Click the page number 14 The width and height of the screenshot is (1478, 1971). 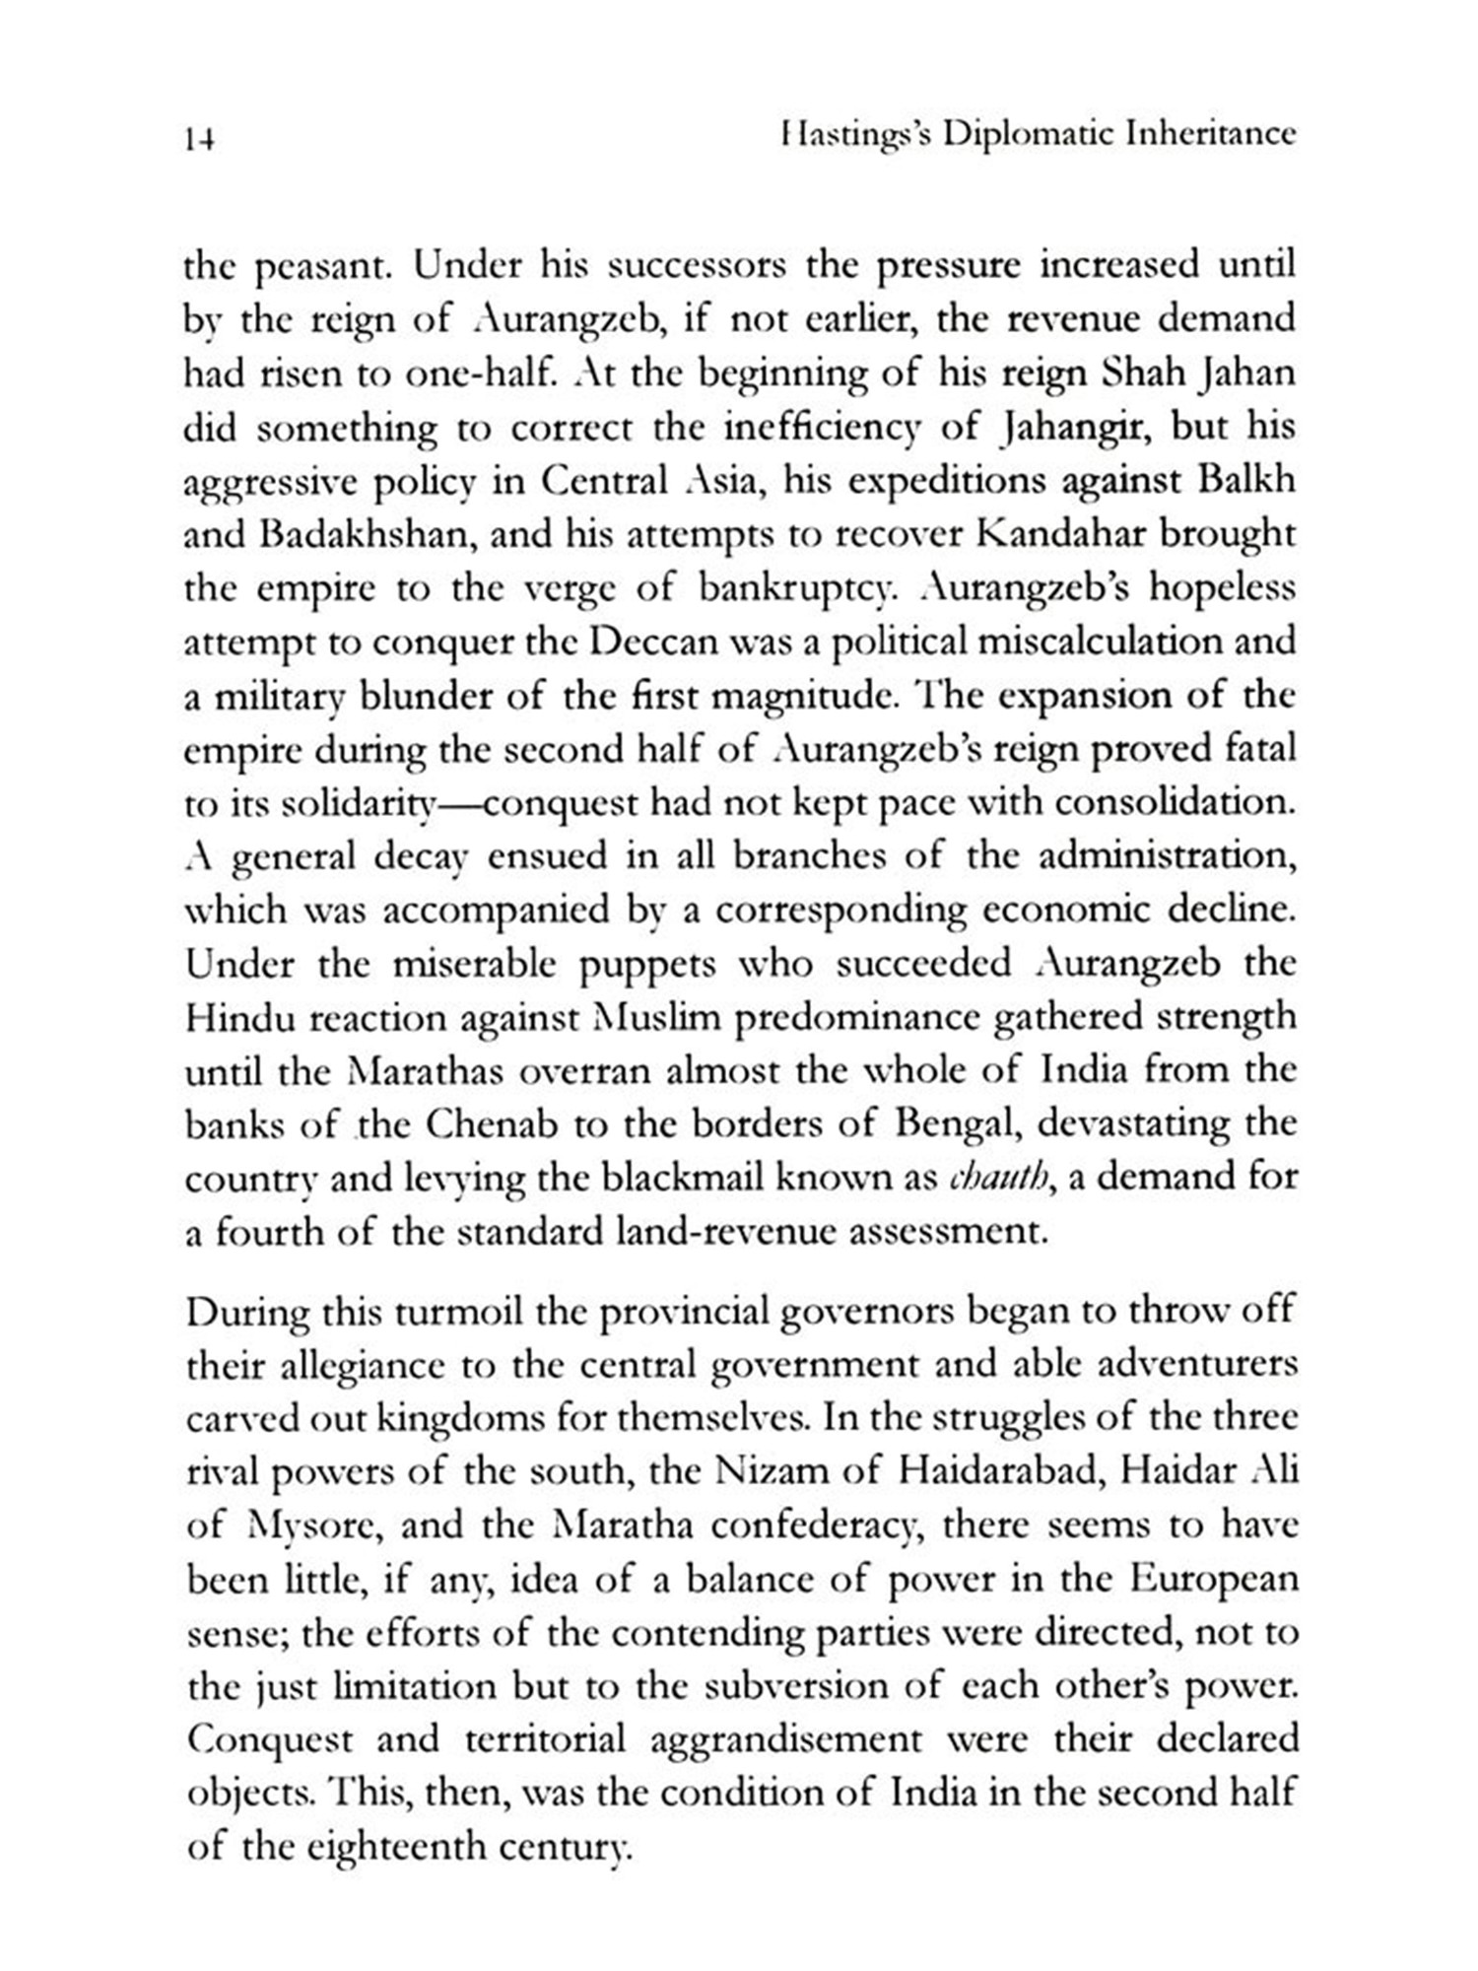199,140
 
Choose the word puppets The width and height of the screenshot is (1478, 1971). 647,964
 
